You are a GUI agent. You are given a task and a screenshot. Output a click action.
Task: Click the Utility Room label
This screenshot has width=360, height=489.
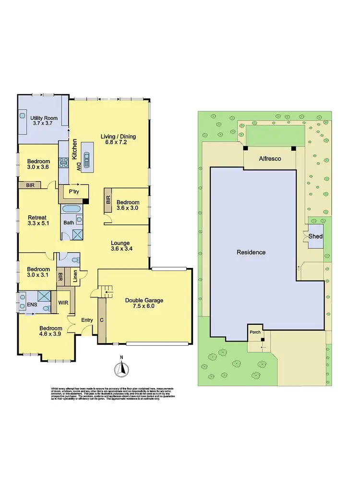point(44,118)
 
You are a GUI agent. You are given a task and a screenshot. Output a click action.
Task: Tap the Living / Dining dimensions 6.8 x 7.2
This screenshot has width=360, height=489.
point(118,143)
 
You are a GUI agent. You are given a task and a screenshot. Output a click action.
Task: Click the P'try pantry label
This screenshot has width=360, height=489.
point(73,191)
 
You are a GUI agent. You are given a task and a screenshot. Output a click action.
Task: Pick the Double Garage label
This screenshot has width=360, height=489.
point(144,300)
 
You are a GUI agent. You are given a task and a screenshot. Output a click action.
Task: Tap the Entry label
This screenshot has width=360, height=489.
point(87,320)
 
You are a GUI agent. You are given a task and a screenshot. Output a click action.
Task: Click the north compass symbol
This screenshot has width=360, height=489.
point(122,368)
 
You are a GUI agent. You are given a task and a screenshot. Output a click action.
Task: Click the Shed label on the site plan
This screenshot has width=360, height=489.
point(315,236)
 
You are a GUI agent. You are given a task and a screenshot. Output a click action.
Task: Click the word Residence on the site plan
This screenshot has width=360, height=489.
point(251,252)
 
